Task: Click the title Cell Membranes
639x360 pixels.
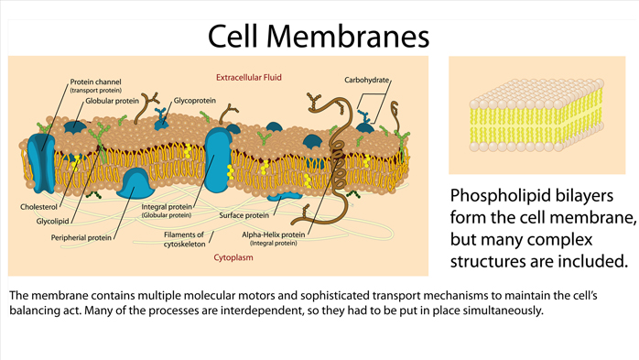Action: (319, 37)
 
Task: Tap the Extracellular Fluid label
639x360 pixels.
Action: (249, 78)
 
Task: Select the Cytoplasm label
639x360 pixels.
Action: (233, 257)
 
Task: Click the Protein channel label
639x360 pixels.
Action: (95, 82)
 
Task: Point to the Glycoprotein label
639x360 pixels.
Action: (195, 100)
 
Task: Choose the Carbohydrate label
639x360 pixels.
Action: (366, 80)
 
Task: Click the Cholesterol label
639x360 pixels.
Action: (38, 207)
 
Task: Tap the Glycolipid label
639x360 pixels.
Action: (52, 222)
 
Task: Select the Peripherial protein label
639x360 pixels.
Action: (81, 237)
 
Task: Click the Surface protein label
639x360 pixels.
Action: (244, 215)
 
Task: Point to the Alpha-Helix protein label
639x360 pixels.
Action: (274, 235)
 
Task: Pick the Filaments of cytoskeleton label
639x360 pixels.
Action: (185, 239)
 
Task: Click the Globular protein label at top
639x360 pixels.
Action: (112, 101)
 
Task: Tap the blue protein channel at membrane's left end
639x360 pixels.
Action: (41, 163)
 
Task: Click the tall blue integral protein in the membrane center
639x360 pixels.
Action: (218, 160)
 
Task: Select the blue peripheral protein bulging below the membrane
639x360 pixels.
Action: (135, 184)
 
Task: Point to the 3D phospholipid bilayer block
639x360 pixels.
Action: (536, 115)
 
